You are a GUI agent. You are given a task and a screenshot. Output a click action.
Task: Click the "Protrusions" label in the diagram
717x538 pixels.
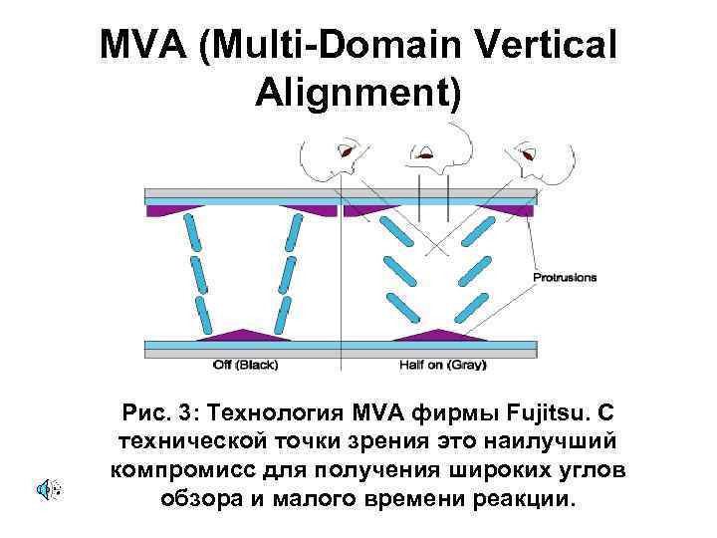[x=565, y=277]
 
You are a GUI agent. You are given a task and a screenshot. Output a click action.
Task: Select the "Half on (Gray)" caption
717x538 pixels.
[x=441, y=365]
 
